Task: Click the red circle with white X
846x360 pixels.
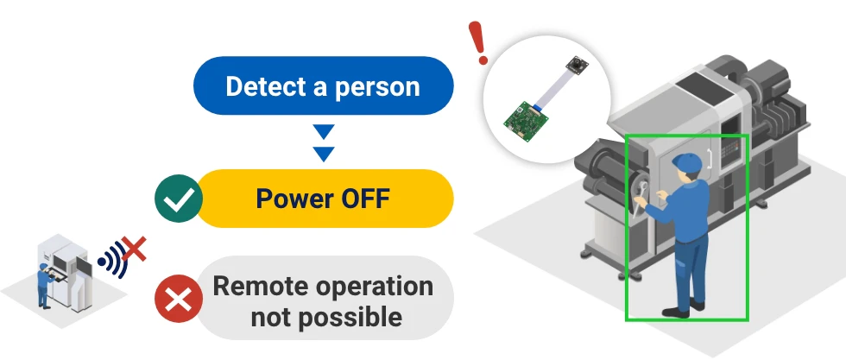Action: (179, 299)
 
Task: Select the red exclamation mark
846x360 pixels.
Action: (478, 42)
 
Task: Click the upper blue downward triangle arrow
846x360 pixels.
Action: (324, 131)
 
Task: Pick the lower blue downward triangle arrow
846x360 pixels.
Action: (324, 154)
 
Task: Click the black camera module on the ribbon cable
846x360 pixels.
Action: (577, 65)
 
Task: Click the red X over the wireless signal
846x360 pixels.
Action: (133, 249)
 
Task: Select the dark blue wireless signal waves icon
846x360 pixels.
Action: (113, 259)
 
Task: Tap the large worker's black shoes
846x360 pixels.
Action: (683, 309)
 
